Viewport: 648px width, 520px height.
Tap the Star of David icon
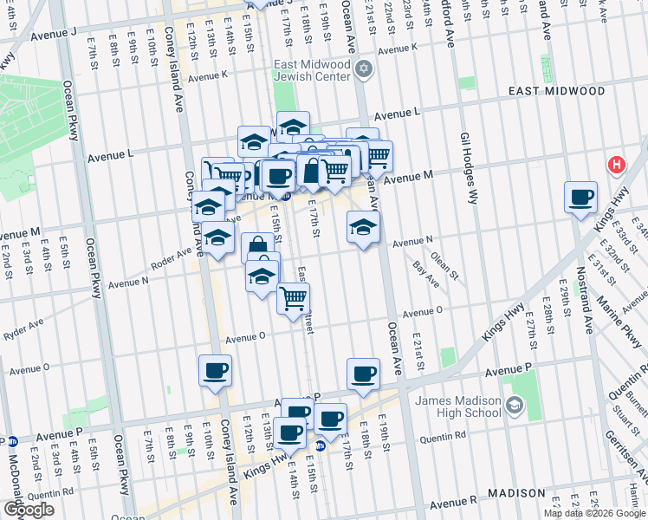pos(364,69)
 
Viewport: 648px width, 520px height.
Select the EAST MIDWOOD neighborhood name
pos(556,91)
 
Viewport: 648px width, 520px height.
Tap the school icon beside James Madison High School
pos(514,406)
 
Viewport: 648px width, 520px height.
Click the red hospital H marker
pos(616,164)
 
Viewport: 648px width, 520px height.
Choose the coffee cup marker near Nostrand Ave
pos(580,197)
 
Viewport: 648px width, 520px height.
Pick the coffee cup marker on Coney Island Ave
pos(216,371)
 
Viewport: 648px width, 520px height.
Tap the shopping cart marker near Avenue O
pos(294,298)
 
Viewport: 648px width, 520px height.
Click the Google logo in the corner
pos(29,510)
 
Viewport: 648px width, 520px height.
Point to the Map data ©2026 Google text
pos(593,513)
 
